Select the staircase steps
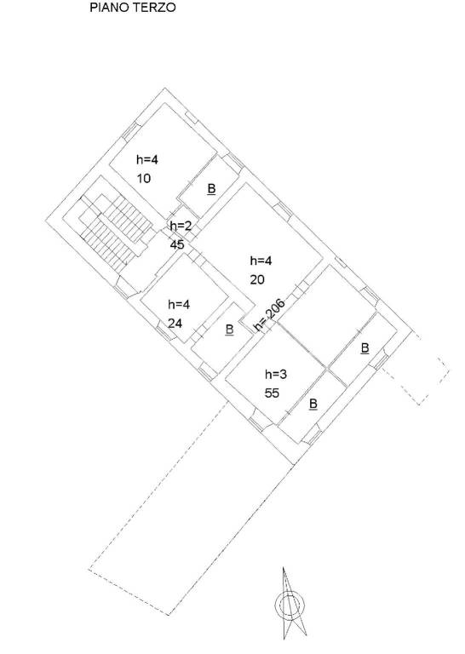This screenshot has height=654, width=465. [x=114, y=230]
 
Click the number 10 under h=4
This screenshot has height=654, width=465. [x=144, y=179]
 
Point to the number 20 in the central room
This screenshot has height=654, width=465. [x=257, y=279]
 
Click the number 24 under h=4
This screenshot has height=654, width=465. [x=175, y=324]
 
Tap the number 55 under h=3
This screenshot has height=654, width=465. [x=272, y=393]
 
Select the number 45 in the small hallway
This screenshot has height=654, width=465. [x=177, y=244]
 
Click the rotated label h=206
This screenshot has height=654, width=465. [x=270, y=315]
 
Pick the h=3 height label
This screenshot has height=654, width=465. [x=276, y=374]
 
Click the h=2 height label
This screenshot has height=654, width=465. [x=181, y=226]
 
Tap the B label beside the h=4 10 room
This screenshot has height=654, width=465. [x=211, y=189]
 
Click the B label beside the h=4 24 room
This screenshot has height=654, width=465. [x=229, y=330]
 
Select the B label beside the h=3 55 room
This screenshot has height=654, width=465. [x=313, y=404]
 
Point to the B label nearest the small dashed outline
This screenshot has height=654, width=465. [x=365, y=347]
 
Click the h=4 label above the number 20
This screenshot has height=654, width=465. [x=261, y=261]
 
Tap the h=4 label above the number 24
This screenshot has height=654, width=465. [x=179, y=305]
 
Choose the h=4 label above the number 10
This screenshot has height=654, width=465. [x=147, y=159]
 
